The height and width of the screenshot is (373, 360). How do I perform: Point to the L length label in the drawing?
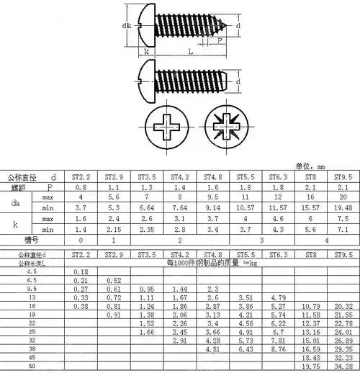click(189, 52)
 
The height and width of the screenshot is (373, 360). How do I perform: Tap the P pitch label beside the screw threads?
click(219, 42)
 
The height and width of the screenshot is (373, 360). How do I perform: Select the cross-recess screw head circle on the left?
click(164, 131)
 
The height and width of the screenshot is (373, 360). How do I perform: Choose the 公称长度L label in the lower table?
click(30, 264)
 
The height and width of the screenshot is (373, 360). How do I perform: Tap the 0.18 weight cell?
click(81, 271)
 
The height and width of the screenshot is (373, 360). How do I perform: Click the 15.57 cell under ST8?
click(310, 207)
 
